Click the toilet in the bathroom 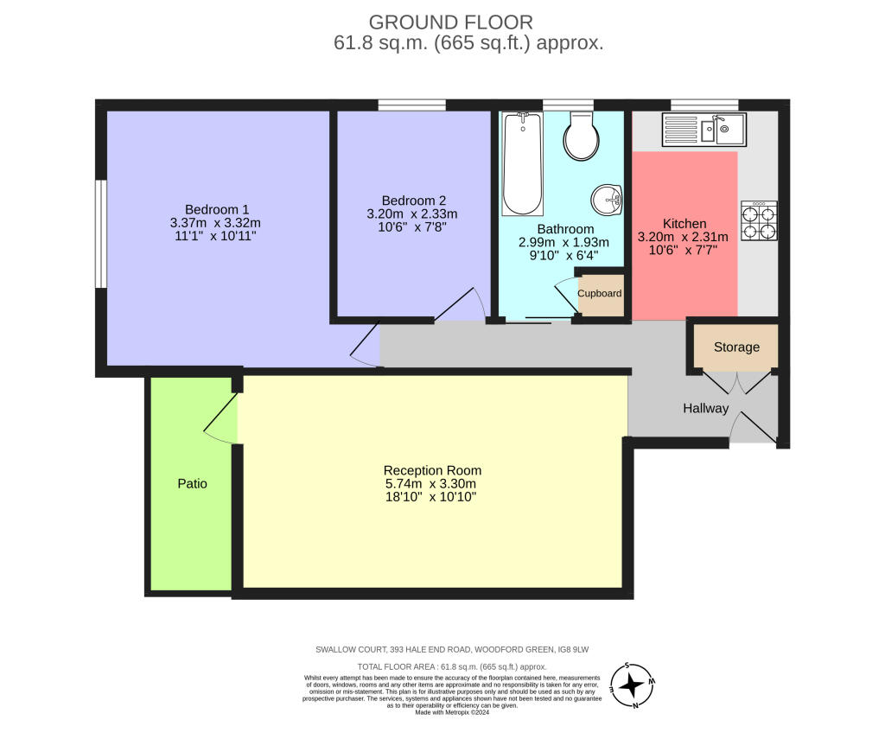click(582, 136)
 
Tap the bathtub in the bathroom click(523, 163)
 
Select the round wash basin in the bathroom click(607, 200)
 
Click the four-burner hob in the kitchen click(759, 220)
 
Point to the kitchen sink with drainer click(704, 130)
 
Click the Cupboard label click(600, 294)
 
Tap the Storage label click(736, 347)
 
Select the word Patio click(193, 484)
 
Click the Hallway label click(705, 408)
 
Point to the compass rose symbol click(632, 685)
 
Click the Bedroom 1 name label click(217, 209)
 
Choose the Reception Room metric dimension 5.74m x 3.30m click(430, 484)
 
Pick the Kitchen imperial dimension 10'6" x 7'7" click(683, 250)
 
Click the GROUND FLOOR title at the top click(451, 22)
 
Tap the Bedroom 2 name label click(414, 201)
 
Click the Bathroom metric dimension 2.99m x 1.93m click(563, 242)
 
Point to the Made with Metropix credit click(452, 712)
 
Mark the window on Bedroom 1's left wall click(100, 233)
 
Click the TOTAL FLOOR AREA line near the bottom click(452, 666)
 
